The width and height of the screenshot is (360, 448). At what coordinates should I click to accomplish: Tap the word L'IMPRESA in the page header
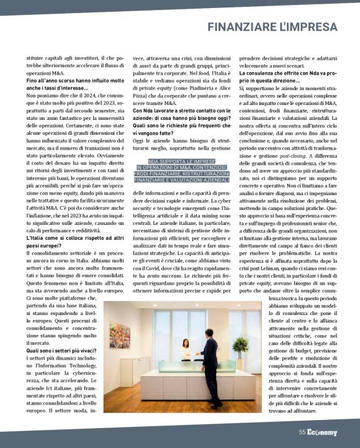(314, 27)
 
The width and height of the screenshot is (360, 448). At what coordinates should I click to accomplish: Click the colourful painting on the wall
(119, 335)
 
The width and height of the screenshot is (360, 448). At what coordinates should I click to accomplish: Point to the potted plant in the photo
(240, 347)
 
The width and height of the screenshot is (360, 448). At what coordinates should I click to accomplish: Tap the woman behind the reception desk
(186, 352)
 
